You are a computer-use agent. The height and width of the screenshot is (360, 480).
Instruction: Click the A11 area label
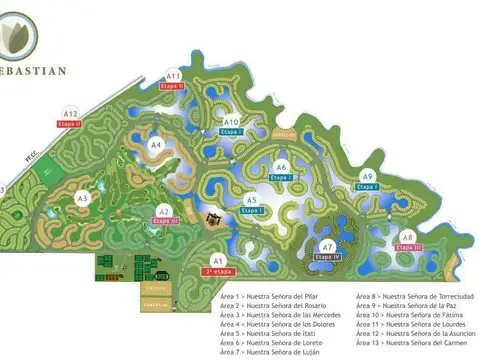pos(173,76)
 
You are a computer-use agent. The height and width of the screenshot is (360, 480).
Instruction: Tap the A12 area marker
pos(70,114)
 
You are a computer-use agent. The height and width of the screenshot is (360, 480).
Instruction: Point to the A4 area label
pos(155,145)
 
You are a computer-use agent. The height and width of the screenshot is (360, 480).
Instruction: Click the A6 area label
pos(282,167)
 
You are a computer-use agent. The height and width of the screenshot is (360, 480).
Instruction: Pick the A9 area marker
pos(367,177)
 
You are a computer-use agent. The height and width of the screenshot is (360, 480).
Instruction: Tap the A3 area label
pos(83,198)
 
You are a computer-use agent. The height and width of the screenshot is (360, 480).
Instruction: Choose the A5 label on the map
pos(252,201)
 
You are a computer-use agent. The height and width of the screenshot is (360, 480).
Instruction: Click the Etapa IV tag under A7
pos(327,257)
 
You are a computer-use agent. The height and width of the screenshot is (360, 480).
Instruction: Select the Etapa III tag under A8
pos(410,246)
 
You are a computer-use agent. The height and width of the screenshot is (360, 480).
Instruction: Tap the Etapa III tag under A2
pos(164,221)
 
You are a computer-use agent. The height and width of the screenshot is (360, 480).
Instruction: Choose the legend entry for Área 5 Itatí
pos(276,334)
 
